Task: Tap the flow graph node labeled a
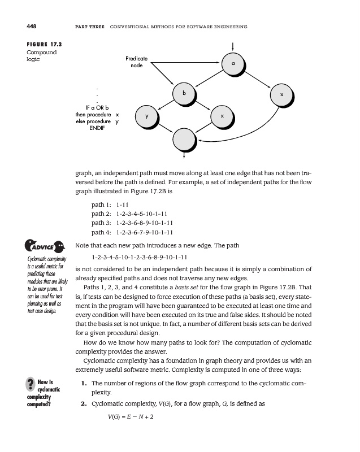pos(233,64)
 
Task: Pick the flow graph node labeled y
pos(146,116)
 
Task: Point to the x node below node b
pos(222,116)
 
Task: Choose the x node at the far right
pos(281,95)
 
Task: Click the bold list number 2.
pos(83,405)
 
